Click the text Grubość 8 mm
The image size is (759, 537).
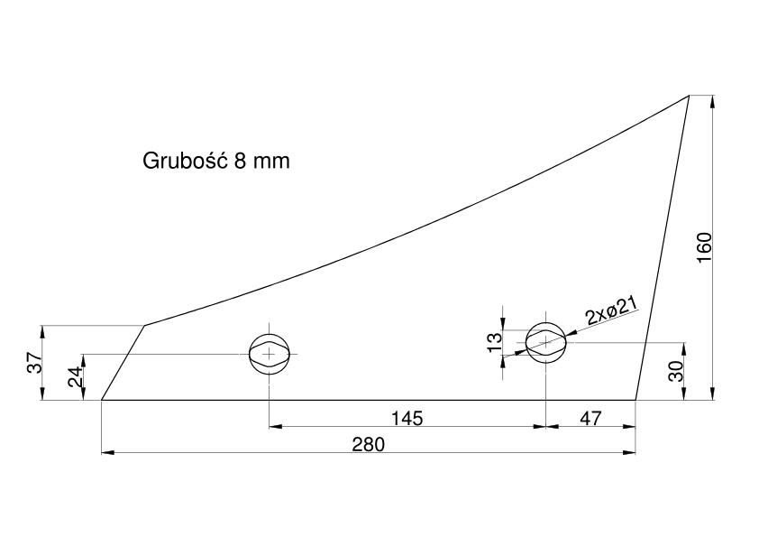click(x=215, y=161)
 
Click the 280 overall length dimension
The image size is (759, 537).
click(x=369, y=444)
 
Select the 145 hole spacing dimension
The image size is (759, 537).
click(x=407, y=418)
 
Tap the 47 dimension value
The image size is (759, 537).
click(x=590, y=418)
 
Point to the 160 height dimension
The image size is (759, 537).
click(x=704, y=247)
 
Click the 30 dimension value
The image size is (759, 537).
click(x=676, y=371)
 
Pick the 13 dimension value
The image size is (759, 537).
click(x=495, y=343)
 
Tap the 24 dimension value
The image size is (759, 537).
click(x=75, y=376)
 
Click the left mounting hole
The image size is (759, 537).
click(x=270, y=355)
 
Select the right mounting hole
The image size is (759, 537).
click(x=546, y=342)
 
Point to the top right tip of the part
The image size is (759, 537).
click(x=689, y=96)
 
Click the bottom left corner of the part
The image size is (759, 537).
click(x=101, y=401)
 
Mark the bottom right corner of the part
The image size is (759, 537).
click(x=636, y=401)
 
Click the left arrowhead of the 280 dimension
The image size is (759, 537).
click(x=107, y=453)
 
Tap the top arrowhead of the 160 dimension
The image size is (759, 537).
click(x=712, y=102)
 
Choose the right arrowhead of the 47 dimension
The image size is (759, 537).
click(x=629, y=427)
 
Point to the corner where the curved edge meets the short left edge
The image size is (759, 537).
click(x=145, y=325)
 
